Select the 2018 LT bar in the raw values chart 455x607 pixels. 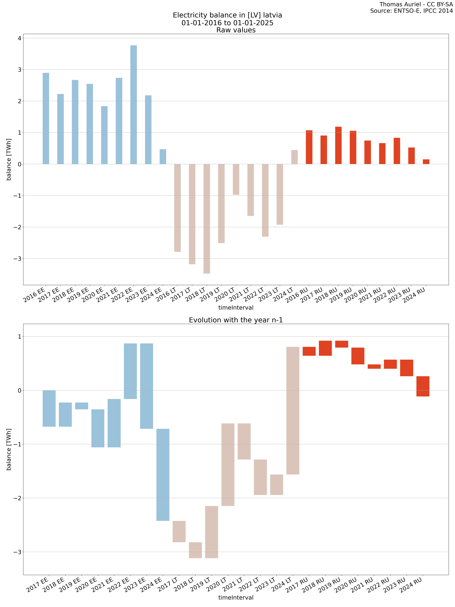[207, 219]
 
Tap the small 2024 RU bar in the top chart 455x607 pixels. [426, 162]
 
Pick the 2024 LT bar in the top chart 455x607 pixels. [294, 157]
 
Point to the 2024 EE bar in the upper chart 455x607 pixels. [163, 157]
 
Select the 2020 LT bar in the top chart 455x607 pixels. [236, 179]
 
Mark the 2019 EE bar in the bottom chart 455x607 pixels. [82, 406]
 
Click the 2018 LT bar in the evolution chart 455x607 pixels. [195, 550]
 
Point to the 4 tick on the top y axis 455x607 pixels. [19, 38]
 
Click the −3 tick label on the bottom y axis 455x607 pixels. [17, 552]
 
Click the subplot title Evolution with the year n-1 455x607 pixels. [236, 320]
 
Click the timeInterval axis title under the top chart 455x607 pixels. [236, 308]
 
